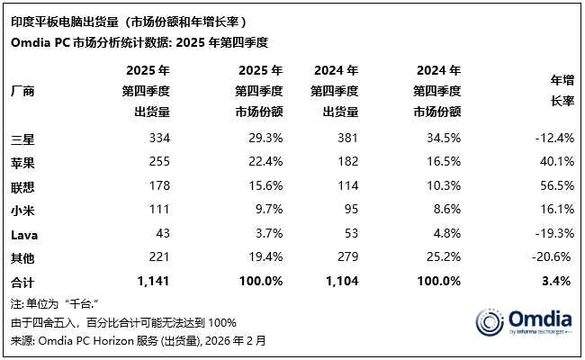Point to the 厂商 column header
[x=22, y=91]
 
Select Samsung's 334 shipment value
[x=158, y=138]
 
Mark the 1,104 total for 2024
[x=341, y=282]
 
